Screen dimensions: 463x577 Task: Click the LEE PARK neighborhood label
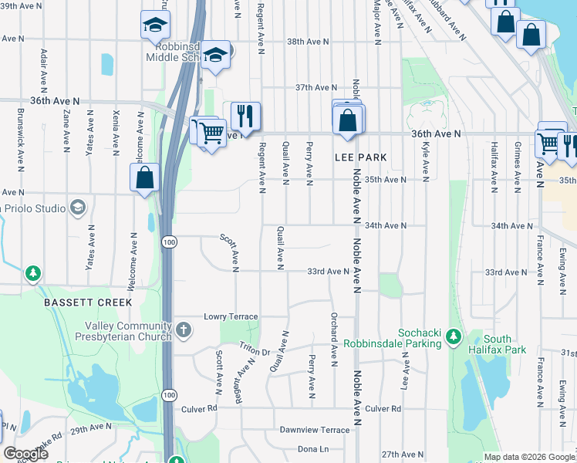click(360, 157)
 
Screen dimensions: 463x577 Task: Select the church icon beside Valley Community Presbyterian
click(183, 331)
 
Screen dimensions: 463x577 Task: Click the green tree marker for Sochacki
click(454, 336)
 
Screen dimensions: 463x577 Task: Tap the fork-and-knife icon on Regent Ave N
click(245, 116)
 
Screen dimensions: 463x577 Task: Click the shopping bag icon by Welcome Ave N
click(144, 177)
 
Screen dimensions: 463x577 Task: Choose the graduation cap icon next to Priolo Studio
click(77, 207)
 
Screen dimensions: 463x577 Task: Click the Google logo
click(25, 454)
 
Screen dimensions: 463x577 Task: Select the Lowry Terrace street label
click(231, 316)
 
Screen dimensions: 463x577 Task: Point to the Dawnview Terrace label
click(314, 429)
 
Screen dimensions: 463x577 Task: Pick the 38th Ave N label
click(307, 42)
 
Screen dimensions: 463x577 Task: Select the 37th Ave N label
click(316, 88)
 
